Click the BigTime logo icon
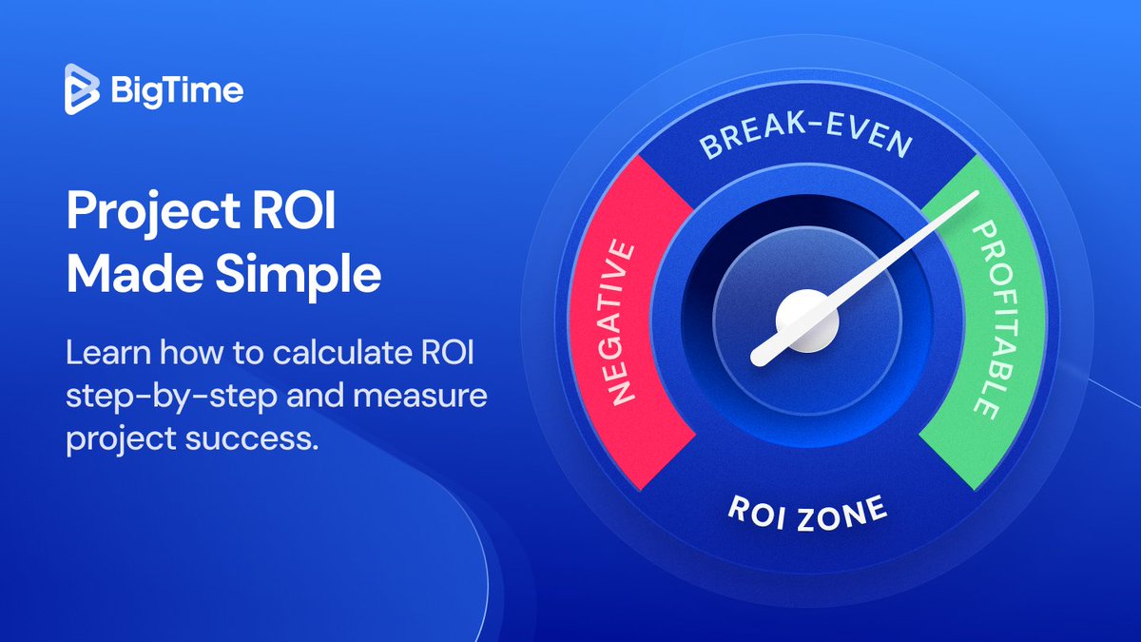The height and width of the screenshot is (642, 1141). coord(82,90)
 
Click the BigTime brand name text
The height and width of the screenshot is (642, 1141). coord(176,91)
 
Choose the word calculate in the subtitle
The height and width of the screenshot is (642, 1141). coord(316,353)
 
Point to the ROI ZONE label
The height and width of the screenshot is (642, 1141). coord(807,514)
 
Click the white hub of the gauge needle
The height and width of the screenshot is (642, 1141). coord(807,321)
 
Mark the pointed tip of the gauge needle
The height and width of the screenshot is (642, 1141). coord(977,196)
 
